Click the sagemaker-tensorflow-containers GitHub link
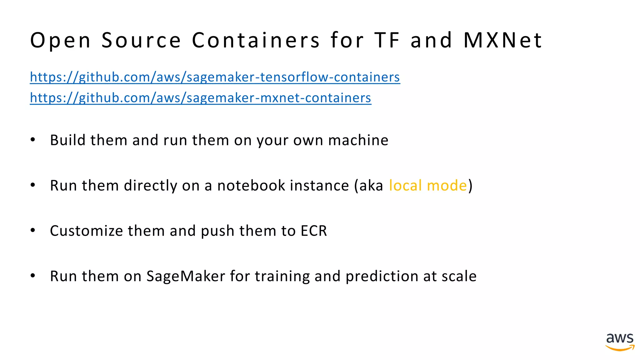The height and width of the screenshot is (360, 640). [x=215, y=77]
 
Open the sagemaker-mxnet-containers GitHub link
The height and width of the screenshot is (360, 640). [x=200, y=98]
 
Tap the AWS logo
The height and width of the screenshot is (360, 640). [x=620, y=342]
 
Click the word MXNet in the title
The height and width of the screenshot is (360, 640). [x=503, y=40]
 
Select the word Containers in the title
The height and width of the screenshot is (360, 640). [x=256, y=40]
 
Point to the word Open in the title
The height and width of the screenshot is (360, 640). [x=60, y=41]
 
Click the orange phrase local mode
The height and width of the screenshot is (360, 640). [x=428, y=185]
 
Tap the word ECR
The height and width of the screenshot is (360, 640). [x=313, y=231]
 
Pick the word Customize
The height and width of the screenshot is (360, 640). [x=87, y=231]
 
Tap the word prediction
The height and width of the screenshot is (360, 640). [x=382, y=277]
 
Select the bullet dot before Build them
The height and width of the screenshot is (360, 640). [x=33, y=140]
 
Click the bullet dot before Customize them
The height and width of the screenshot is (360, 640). [x=33, y=230]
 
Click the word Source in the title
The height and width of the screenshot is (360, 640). [x=141, y=40]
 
